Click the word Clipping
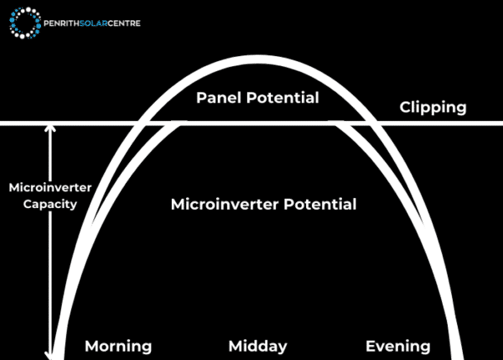point(433,107)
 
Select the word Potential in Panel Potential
point(283,98)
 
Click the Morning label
point(118,346)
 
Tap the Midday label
point(257,346)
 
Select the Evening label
point(397,346)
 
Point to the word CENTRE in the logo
point(123,23)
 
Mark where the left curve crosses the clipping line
point(141,124)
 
